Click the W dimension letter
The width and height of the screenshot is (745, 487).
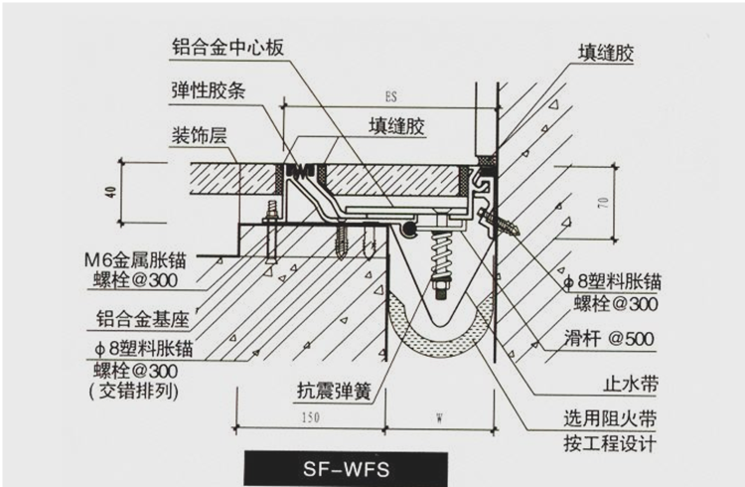click(437, 419)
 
